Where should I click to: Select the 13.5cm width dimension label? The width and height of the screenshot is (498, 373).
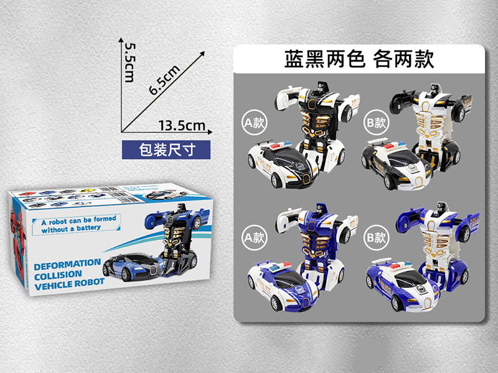182,126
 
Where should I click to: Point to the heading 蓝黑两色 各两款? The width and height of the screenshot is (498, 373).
358,59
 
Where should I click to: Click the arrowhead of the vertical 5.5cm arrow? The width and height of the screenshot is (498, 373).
121,39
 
